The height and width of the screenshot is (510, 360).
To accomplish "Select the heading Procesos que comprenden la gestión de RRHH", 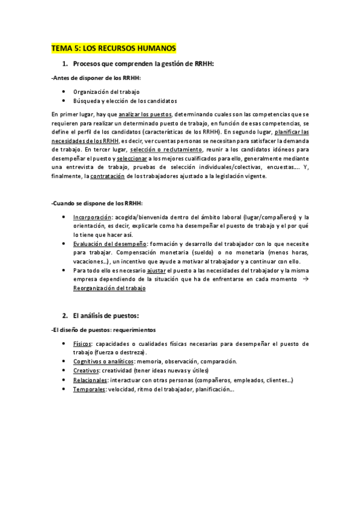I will pos(143,64).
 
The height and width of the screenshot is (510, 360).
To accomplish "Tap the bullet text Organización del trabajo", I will pos(106,92).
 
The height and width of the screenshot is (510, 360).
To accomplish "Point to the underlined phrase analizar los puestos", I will pos(145,114).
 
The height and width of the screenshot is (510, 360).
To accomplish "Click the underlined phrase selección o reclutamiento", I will pos(172,149).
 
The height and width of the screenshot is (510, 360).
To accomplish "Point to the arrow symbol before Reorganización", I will pos(305,280).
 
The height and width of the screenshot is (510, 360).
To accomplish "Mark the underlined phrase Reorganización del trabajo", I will pos(109,289).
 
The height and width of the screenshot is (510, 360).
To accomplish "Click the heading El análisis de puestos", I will pos(105,316).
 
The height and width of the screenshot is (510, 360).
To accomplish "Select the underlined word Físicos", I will pos(82,343).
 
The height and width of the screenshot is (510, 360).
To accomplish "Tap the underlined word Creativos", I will pos(85,370).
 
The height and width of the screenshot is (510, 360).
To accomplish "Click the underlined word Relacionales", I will pos(90,380).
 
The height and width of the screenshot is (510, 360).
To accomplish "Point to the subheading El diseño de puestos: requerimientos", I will pos(103,330).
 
